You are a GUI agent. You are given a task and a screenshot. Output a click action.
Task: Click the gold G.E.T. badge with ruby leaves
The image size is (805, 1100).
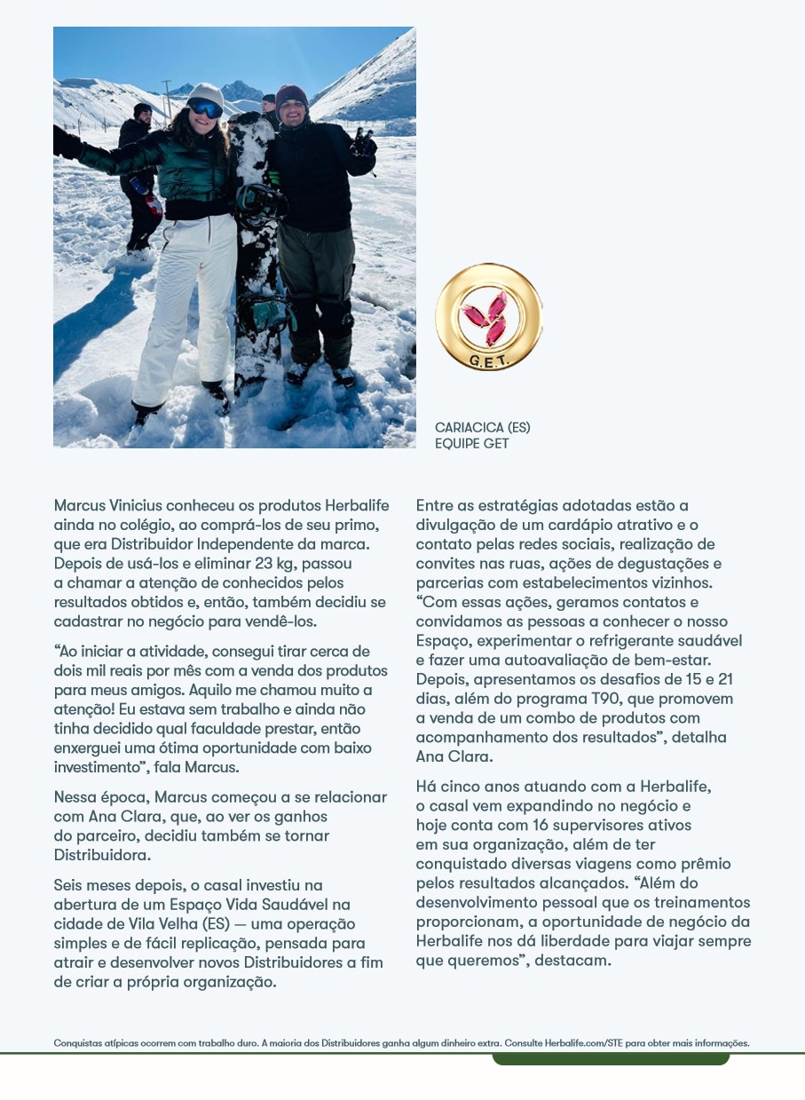(x=488, y=317)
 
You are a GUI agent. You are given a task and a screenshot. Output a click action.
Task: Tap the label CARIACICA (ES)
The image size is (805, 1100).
(x=482, y=428)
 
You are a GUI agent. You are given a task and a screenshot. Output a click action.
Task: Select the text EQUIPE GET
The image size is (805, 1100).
(x=471, y=443)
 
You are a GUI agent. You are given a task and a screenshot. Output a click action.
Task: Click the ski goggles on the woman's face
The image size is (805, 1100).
(x=206, y=108)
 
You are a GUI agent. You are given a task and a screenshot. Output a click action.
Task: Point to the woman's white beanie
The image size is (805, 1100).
(x=206, y=92)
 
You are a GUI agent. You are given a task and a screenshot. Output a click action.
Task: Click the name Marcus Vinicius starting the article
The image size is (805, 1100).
(x=99, y=505)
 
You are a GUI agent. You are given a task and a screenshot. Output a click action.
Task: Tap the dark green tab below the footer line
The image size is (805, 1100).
(x=611, y=1059)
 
